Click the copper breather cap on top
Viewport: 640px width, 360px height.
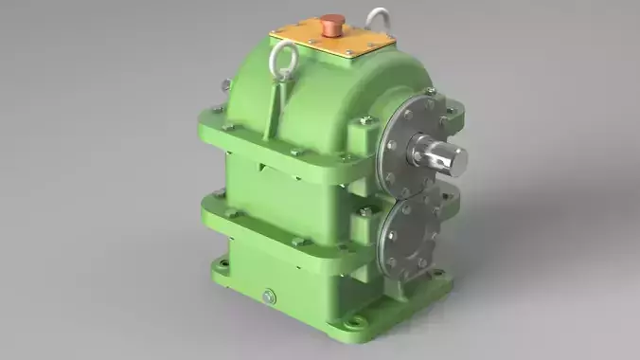(x=331, y=22)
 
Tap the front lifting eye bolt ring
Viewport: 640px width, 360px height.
(x=282, y=63)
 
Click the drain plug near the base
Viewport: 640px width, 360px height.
(x=269, y=297)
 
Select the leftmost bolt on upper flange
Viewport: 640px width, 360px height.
(x=216, y=109)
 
